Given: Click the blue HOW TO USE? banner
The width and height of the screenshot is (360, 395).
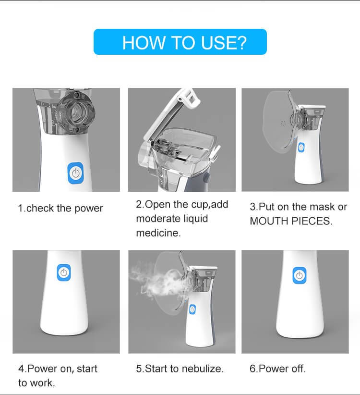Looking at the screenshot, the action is coord(180,42).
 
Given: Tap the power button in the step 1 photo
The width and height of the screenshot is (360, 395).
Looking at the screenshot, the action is coord(75,173).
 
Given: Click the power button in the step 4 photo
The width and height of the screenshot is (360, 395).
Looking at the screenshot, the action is coord(64,272).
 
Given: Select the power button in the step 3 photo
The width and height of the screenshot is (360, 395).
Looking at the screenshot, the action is coord(301,147).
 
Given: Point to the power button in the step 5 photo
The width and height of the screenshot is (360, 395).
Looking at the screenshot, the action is coord(192,309).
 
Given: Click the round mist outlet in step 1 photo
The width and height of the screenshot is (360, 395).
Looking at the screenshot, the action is coord(76,112).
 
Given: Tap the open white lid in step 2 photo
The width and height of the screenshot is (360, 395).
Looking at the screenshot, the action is coord(171,113).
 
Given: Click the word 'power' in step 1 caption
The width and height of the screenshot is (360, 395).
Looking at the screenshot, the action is coord(89,209).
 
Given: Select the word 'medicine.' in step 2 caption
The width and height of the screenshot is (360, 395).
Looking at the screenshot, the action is coord(158,233).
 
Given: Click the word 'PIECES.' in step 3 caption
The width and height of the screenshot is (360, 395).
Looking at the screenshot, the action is coord(312,221).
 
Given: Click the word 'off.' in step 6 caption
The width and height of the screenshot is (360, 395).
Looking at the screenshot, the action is coord(299,369).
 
